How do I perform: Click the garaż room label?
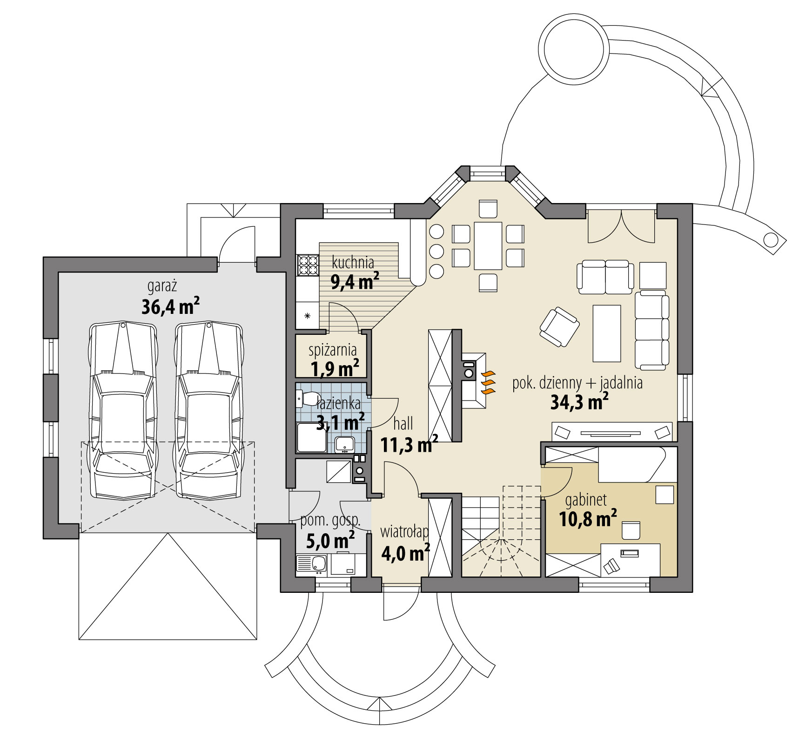[162, 286]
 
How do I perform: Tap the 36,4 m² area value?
[170, 306]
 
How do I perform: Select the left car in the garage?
[123, 410]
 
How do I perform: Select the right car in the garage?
[208, 410]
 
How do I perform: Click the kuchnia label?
[353, 263]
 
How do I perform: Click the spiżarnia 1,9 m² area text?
[334, 369]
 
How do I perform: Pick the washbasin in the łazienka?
[345, 445]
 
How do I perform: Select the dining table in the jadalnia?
[488, 245]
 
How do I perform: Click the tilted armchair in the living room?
[559, 327]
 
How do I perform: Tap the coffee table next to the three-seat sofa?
[606, 333]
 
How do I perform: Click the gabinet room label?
[586, 500]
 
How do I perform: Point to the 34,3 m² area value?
[579, 402]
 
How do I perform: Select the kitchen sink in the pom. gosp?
[318, 564]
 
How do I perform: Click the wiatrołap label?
[404, 531]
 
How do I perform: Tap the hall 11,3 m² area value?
[409, 445]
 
